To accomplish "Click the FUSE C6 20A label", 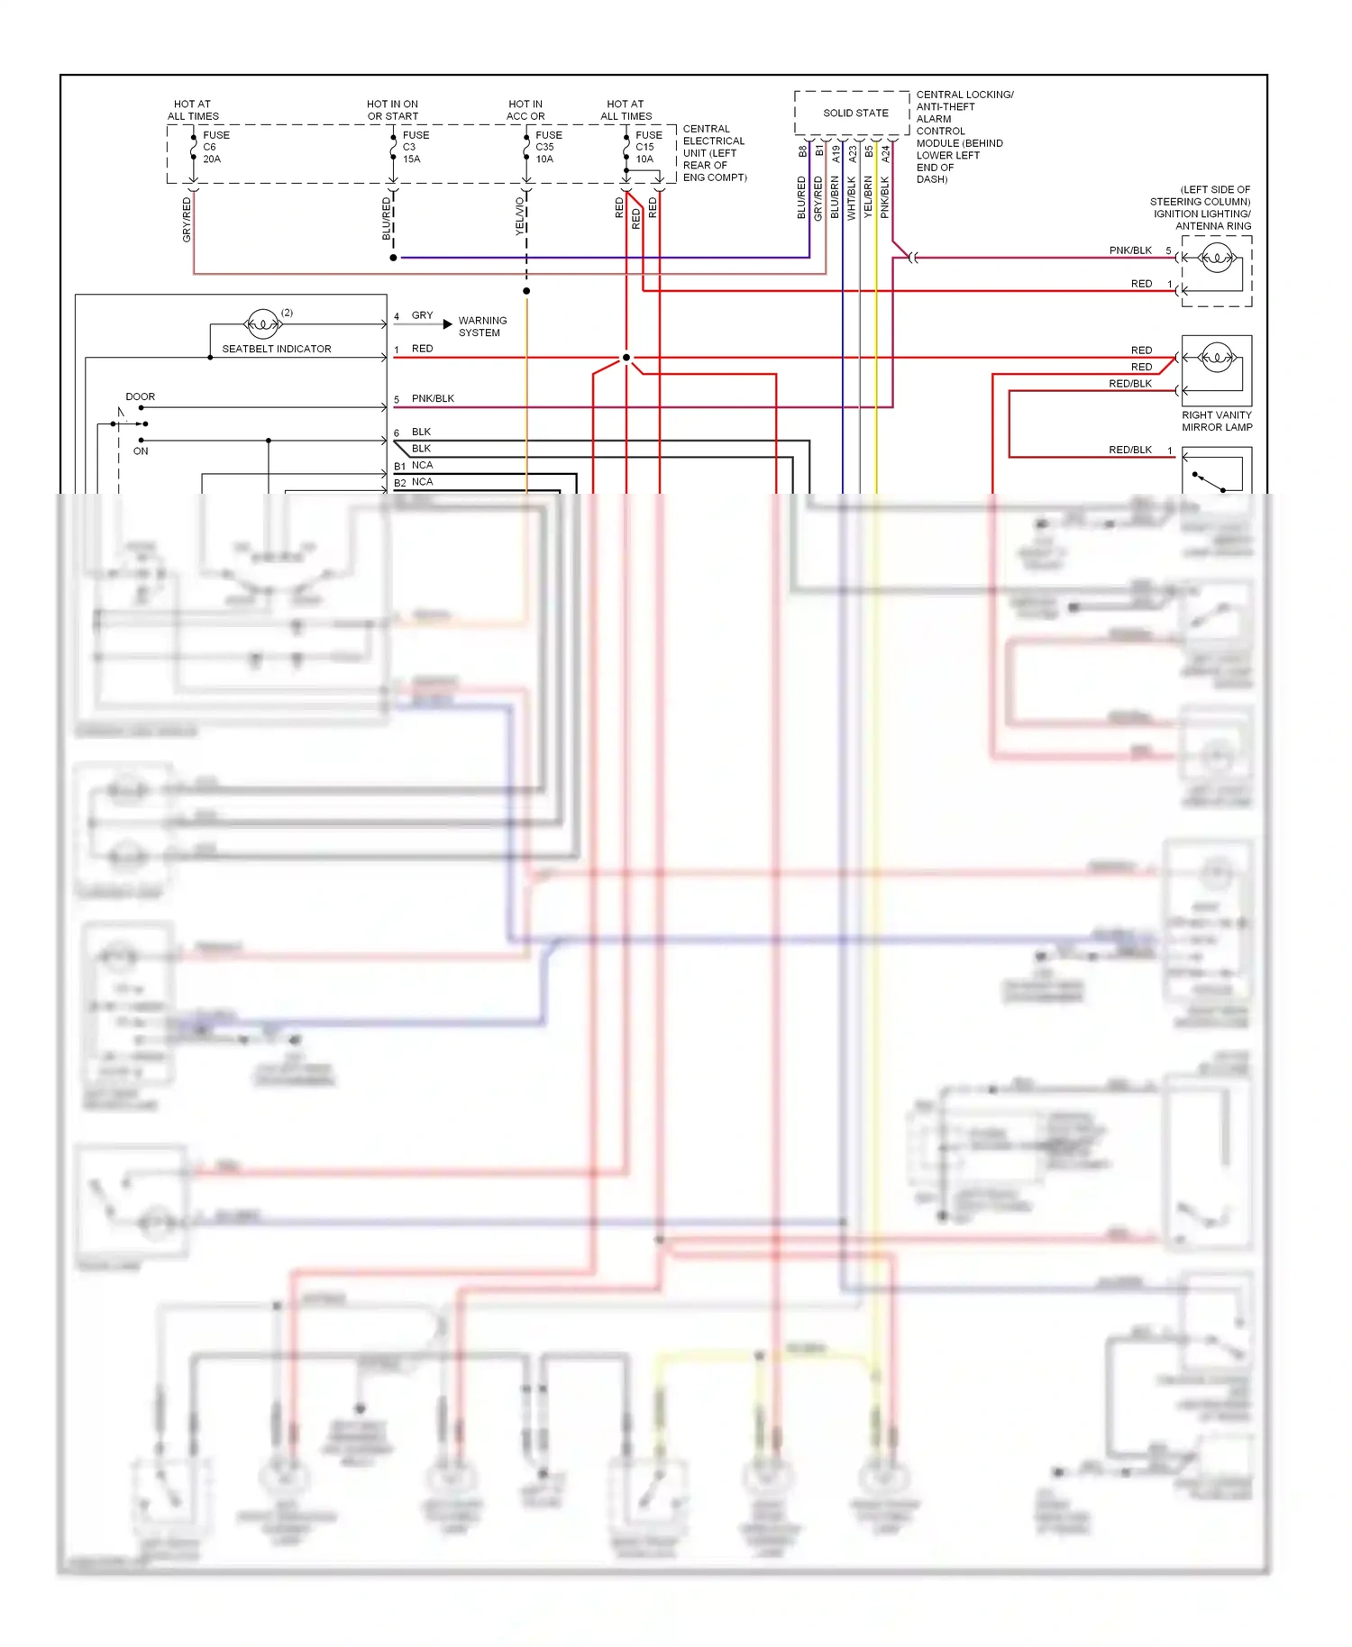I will pyautogui.click(x=215, y=147).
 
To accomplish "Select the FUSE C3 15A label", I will pyautogui.click(x=415, y=147).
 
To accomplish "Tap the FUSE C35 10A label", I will pyautogui.click(x=548, y=147).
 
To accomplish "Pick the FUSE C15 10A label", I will pyautogui.click(x=648, y=147).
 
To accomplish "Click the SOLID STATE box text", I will pyautogui.click(x=855, y=114).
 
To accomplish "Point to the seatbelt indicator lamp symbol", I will pyautogui.click(x=262, y=323).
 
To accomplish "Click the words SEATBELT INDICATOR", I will pyautogui.click(x=276, y=349).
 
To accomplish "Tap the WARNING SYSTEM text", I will pyautogui.click(x=482, y=326).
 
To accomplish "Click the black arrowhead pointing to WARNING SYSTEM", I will pyautogui.click(x=448, y=323).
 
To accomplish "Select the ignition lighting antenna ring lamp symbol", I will pyautogui.click(x=1216, y=258).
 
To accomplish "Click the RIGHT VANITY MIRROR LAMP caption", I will pyautogui.click(x=1217, y=421).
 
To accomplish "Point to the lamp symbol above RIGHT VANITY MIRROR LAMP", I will pyautogui.click(x=1216, y=357).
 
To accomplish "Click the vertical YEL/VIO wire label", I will pyautogui.click(x=520, y=216).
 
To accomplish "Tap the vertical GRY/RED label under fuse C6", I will pyautogui.click(x=187, y=220).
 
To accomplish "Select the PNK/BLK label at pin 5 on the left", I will pyautogui.click(x=433, y=398).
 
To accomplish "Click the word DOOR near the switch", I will pyautogui.click(x=140, y=396).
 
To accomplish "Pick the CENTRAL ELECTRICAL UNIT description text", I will pyautogui.click(x=714, y=153).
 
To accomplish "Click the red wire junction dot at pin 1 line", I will pyautogui.click(x=626, y=358).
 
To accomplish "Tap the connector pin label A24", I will pyautogui.click(x=886, y=154).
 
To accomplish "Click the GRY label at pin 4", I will pyautogui.click(x=422, y=315).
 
